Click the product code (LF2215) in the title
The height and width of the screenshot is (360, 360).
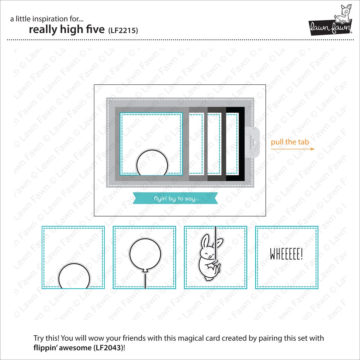tap(123, 30)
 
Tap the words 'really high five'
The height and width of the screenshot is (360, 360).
tap(67, 30)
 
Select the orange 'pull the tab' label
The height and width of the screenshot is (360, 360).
tap(290, 142)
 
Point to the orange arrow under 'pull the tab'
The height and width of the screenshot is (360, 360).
tap(292, 149)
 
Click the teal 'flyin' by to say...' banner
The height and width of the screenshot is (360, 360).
tap(175, 198)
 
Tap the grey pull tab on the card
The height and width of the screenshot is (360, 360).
tap(252, 142)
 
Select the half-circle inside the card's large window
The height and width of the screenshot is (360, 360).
tap(152, 162)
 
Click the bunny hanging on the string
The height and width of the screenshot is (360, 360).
tap(210, 257)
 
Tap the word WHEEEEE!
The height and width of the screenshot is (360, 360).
tap(286, 254)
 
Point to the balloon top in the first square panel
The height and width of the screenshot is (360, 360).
tap(74, 276)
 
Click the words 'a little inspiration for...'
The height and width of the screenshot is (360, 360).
tap(47, 19)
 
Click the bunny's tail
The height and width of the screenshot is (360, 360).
tap(208, 278)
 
